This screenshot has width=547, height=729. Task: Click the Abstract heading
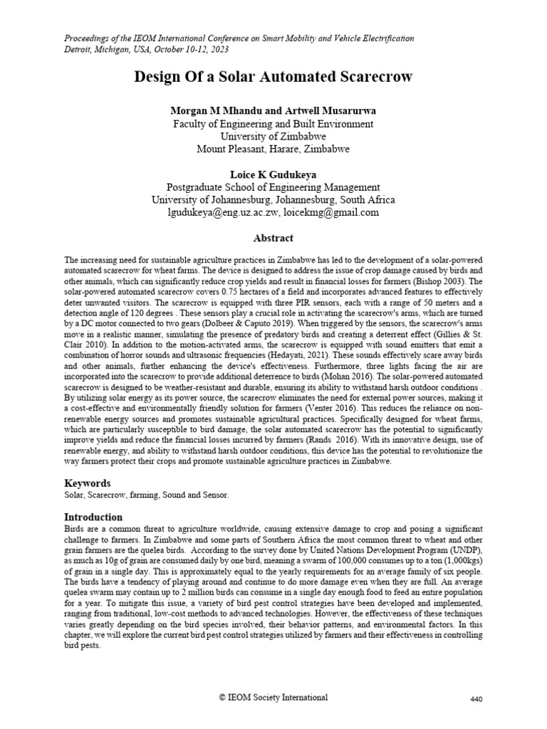pyautogui.click(x=273, y=238)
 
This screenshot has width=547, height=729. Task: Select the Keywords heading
pyautogui.click(x=88, y=482)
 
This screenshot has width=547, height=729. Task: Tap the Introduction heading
pyautogui.click(x=93, y=516)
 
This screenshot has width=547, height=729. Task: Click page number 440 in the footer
pyautogui.click(x=477, y=699)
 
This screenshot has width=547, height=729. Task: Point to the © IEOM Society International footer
pyautogui.click(x=273, y=698)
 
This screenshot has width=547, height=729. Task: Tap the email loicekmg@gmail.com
pyautogui.click(x=331, y=212)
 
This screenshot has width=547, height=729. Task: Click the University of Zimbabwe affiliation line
pyautogui.click(x=273, y=137)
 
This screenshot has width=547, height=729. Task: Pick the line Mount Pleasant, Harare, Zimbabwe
pyautogui.click(x=273, y=150)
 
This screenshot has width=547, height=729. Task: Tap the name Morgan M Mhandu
pyautogui.click(x=212, y=111)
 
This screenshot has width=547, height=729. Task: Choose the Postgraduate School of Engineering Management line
pyautogui.click(x=273, y=187)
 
